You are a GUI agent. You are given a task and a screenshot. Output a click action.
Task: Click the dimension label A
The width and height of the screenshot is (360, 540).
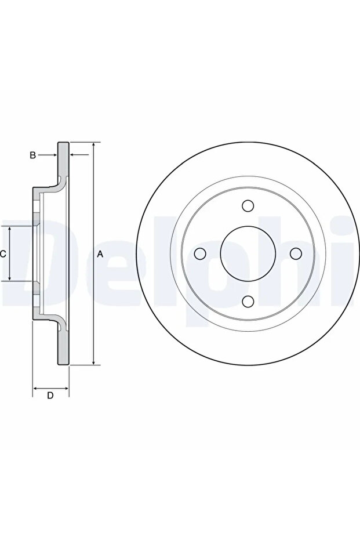click(x=100, y=254)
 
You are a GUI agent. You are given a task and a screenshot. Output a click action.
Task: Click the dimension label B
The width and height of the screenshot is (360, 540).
click(x=32, y=155)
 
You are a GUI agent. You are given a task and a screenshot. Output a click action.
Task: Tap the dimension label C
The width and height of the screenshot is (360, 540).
click(x=3, y=254)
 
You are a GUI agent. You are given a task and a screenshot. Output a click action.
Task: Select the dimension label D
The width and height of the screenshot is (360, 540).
click(x=50, y=396)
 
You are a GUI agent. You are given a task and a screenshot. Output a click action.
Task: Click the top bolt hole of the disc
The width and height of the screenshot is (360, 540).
click(x=248, y=206)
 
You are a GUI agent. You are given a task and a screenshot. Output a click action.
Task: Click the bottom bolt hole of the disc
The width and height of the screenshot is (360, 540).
click(x=248, y=301)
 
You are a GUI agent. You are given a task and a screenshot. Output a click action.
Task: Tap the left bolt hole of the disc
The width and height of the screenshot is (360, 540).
click(x=200, y=254)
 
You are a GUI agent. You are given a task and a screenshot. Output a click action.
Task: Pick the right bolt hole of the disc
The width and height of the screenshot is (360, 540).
click(x=296, y=254)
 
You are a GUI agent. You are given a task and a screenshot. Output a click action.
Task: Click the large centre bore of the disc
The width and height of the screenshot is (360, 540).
click(x=248, y=253)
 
